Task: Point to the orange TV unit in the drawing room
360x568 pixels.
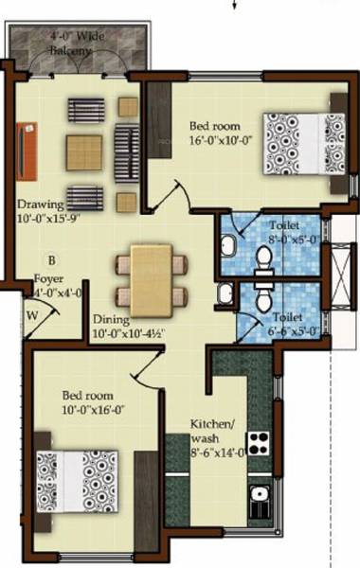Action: click(27, 149)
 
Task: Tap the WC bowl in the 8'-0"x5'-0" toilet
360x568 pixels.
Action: click(264, 258)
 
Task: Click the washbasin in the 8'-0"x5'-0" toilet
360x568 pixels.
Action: click(229, 247)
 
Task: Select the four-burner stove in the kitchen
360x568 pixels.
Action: click(259, 442)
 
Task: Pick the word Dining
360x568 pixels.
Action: click(110, 320)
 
